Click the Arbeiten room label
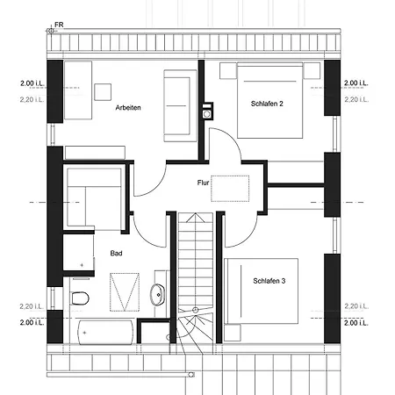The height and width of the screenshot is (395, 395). point(128,108)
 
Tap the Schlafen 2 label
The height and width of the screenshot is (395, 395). point(267,104)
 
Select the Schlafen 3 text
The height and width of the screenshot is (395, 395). point(269,281)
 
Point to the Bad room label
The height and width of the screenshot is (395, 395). point(116,254)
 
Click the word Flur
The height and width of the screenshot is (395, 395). point(203,183)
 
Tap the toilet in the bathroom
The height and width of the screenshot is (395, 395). point(80,298)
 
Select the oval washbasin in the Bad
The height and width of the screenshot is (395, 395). point(157,295)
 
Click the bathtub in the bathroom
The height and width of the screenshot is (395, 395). point(105,333)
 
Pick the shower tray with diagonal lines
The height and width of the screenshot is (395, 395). point(125,292)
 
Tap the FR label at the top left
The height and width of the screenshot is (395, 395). point(59,25)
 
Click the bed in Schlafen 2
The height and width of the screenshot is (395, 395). point(269,100)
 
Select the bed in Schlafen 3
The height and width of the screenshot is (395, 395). point(261,291)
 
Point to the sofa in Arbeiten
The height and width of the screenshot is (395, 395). point(180,106)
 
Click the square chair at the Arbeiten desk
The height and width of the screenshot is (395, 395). point(103,92)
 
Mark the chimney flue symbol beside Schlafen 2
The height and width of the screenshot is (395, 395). point(207,111)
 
